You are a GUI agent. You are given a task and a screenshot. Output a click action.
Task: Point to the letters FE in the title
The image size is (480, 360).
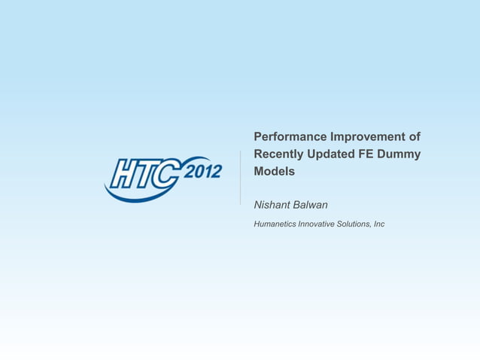click(373, 154)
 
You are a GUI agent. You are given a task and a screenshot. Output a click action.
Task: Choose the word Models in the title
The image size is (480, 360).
click(274, 172)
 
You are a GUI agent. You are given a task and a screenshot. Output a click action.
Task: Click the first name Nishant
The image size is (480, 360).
click(274, 205)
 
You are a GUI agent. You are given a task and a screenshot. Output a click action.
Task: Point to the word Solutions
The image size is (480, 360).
click(356, 224)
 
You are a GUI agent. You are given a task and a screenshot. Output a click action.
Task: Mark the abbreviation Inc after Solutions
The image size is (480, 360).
click(379, 224)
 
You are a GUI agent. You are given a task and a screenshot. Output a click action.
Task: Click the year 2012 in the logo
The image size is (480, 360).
click(203, 171)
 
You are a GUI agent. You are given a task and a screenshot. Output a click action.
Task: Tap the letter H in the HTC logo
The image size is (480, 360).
click(123, 175)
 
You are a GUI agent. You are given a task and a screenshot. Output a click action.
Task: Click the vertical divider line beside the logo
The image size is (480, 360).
click(240, 177)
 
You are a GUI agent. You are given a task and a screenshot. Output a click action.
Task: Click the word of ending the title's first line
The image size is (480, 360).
click(413, 137)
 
